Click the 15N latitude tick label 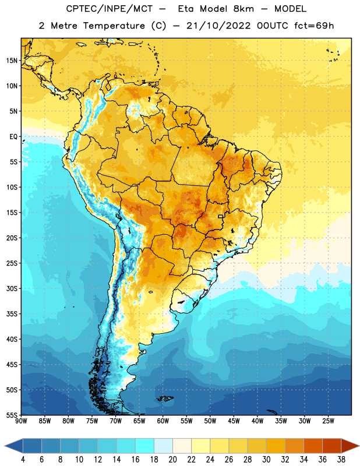12,61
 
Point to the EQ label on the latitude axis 13,137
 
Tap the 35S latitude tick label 12,314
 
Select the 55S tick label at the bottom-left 12,415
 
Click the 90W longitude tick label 21,421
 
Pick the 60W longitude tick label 163,421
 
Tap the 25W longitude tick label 328,421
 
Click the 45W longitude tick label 234,421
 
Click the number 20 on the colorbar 172,460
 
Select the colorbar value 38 341,460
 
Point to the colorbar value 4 23,460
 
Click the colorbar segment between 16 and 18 144,446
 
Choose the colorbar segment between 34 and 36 313,446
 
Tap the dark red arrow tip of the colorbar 357,446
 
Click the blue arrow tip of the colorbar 6,446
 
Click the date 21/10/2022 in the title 218,26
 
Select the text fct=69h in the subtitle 314,26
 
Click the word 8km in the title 243,9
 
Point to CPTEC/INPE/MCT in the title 109,9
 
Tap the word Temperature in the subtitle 114,26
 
